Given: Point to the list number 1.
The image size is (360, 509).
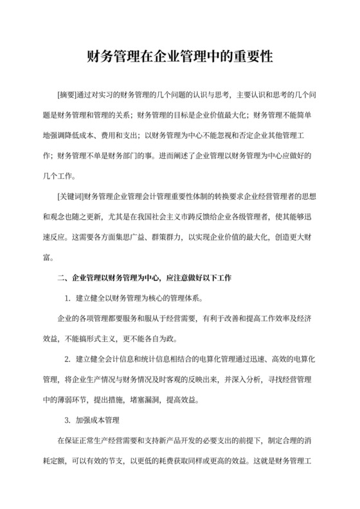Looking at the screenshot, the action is (67, 299).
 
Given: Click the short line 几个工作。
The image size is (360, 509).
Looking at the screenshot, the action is (60, 175).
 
